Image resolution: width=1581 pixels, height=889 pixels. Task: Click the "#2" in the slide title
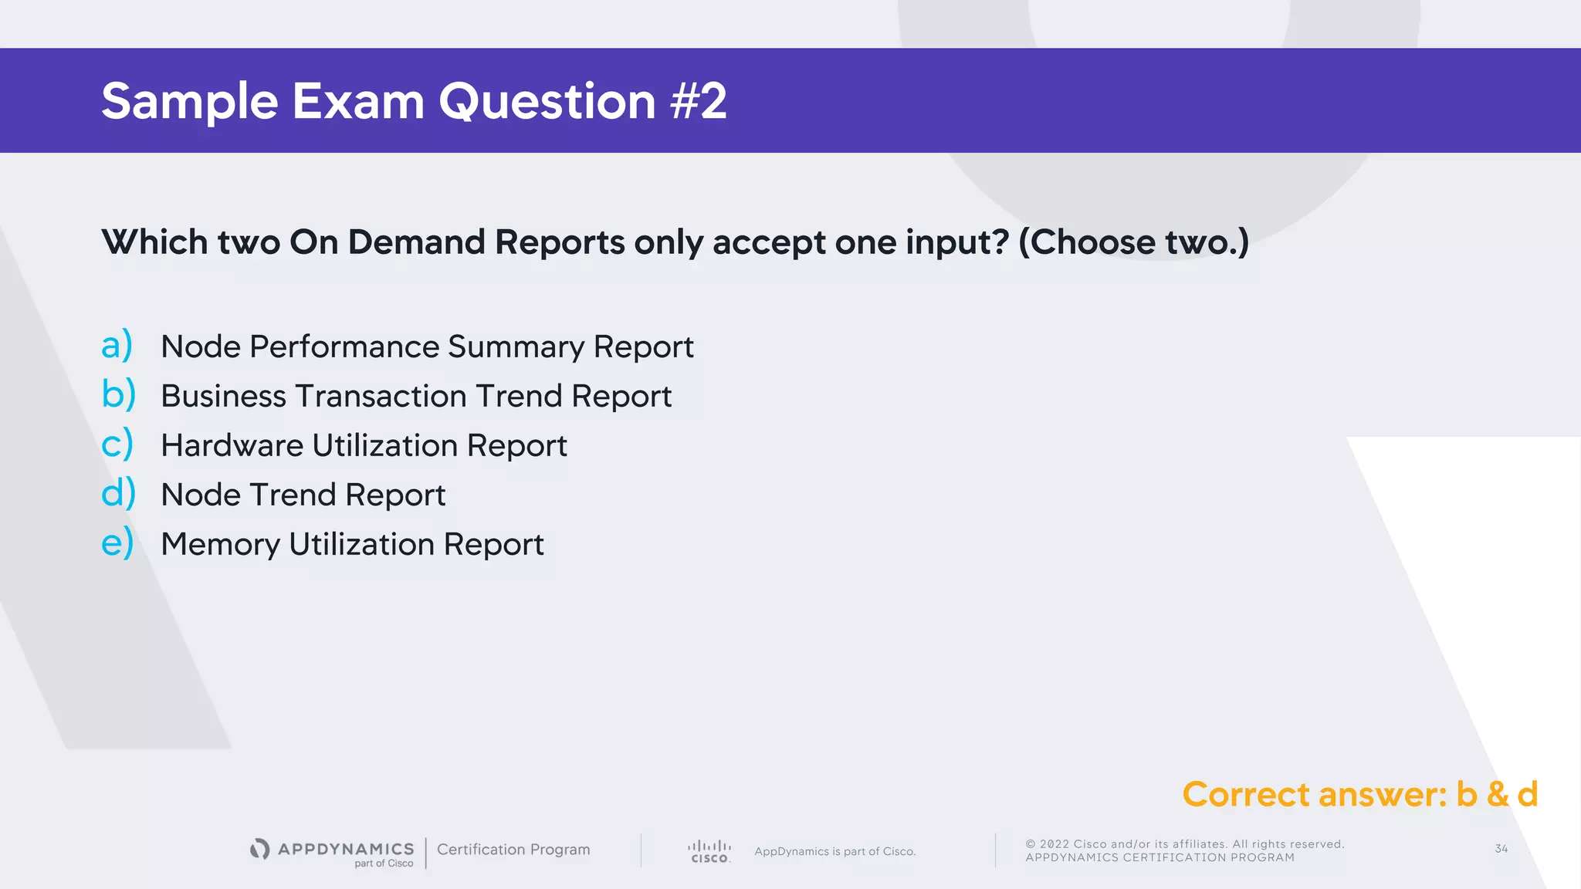699,101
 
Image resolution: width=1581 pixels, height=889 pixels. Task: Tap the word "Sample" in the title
189,101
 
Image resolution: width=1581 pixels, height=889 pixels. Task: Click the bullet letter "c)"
117,444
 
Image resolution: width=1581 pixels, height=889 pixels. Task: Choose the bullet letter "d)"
118,493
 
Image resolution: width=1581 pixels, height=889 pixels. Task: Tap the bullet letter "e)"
117,543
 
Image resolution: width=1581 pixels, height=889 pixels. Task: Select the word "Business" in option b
224,396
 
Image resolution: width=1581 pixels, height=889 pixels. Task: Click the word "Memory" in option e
220,544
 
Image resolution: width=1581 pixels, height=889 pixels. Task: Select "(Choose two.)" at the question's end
1133,242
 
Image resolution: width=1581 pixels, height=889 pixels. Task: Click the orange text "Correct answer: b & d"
1360,794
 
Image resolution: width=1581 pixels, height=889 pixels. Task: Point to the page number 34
1501,849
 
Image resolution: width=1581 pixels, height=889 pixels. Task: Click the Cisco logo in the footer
709,851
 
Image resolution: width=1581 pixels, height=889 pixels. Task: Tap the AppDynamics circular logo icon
260,849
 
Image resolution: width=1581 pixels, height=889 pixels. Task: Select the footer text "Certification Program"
513,850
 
